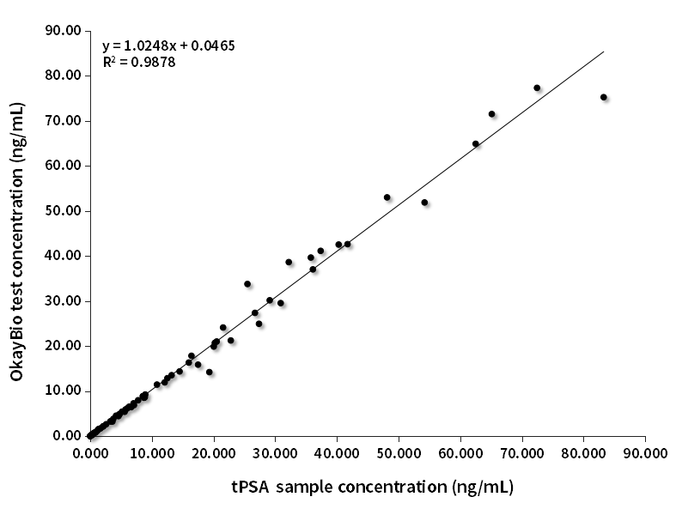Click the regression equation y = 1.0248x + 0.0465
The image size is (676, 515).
(x=168, y=45)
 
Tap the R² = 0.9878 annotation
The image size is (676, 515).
(x=139, y=62)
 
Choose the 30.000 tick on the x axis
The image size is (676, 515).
(x=275, y=452)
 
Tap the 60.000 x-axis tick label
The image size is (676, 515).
(x=460, y=452)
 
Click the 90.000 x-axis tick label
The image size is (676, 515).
(x=645, y=452)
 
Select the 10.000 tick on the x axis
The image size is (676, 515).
(x=152, y=452)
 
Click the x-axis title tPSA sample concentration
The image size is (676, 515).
(x=372, y=488)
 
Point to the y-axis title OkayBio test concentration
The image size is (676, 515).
(x=16, y=242)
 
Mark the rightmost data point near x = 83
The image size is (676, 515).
(x=604, y=97)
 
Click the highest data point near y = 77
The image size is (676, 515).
(x=537, y=88)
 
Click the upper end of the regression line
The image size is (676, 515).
(x=604, y=51)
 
